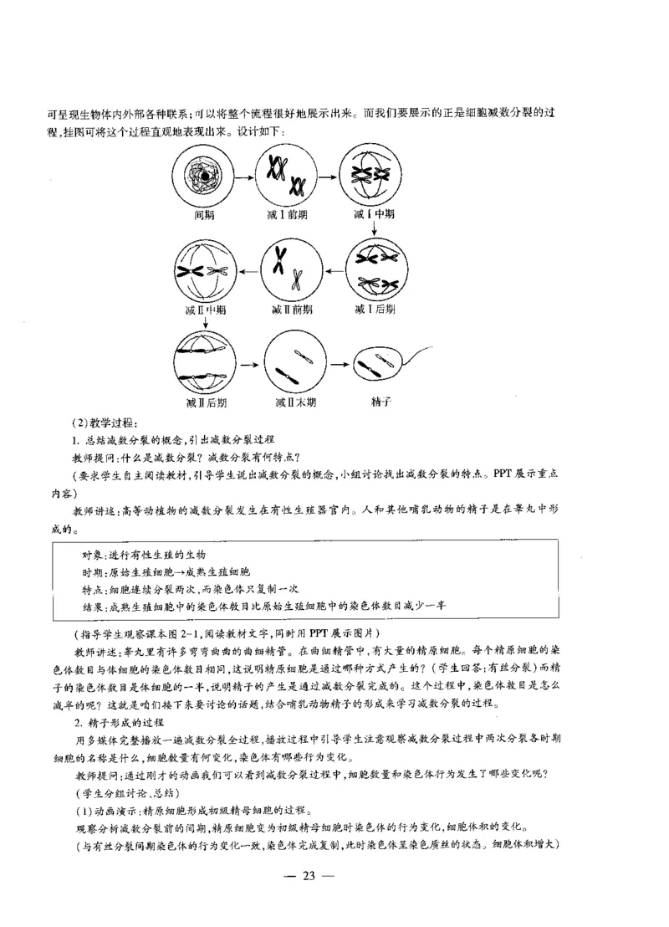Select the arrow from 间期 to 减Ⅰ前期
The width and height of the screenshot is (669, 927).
pos(244,177)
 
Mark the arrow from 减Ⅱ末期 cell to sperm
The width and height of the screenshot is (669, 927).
pos(339,365)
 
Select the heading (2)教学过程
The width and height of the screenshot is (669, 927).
pos(109,422)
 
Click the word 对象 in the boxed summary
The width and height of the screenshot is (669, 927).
pos(91,556)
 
